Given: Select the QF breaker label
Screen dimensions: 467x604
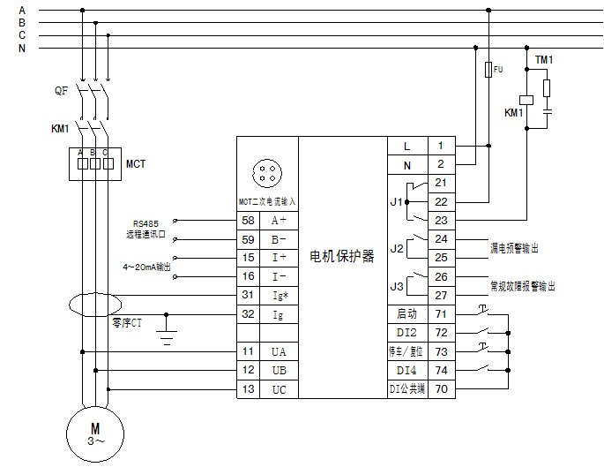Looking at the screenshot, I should pos(60,90).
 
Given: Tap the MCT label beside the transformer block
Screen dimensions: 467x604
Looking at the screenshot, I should pos(135,164).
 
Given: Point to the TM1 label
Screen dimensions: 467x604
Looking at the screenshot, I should pos(544,59).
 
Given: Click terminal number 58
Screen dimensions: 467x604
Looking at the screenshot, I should pos(248,219).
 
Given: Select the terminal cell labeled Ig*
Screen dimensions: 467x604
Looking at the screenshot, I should pos(279,296).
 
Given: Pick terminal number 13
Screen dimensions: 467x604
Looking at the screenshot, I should pos(248,389).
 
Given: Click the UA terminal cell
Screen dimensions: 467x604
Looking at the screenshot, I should pos(279,351).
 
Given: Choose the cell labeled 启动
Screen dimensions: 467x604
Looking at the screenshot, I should pos(406,314).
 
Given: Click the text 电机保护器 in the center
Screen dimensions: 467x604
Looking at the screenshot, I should pos(343,257).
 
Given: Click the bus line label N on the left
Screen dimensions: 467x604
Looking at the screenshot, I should pos(21,49).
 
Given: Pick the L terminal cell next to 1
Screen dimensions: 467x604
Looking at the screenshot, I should pos(406,146).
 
